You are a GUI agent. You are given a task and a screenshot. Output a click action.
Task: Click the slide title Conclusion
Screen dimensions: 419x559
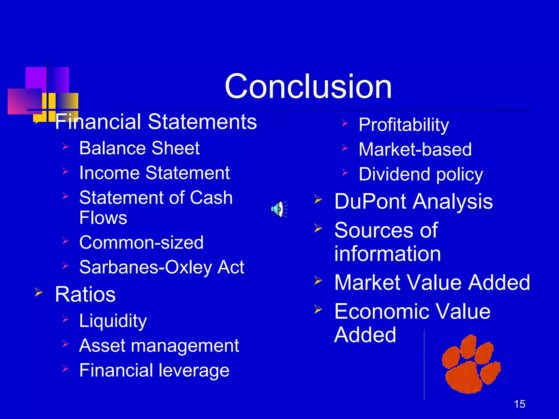point(308,87)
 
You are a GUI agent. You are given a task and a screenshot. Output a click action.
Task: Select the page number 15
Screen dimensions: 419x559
point(519,404)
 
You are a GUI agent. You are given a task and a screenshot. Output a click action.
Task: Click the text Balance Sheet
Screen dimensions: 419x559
point(139,148)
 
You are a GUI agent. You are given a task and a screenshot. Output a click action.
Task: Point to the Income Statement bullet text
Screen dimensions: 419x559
point(154,173)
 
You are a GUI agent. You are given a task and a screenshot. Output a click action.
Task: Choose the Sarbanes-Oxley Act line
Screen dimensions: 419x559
point(162,267)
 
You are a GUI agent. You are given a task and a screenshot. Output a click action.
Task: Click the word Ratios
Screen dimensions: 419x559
point(85,294)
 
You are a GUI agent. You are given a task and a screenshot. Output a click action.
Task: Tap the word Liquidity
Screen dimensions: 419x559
point(113,321)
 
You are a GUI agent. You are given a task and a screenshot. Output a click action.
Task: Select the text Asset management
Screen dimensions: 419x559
point(159,346)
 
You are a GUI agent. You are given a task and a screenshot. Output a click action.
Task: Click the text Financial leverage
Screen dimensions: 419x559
point(154,370)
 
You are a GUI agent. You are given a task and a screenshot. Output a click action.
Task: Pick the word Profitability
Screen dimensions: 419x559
point(404,125)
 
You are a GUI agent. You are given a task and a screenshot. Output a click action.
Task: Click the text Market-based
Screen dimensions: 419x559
point(415,149)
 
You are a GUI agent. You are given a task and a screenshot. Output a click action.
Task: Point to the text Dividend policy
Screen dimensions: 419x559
point(421,174)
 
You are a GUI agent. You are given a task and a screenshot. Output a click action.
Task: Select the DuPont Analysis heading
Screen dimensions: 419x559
point(414,202)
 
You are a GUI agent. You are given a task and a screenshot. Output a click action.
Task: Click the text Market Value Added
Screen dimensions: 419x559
point(432,282)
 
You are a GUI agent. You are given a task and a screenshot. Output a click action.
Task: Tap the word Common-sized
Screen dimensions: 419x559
point(141,243)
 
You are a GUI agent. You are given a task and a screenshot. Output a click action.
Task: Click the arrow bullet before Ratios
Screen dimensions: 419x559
point(38,293)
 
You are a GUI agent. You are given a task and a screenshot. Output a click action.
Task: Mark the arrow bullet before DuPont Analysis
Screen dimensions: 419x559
point(318,199)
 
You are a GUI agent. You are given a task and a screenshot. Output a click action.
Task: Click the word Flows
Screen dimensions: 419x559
point(103,218)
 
